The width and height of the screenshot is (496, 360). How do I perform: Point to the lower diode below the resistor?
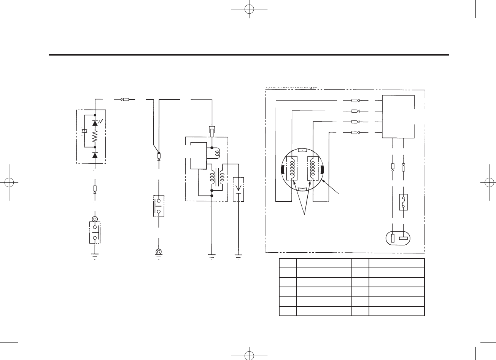click(95, 155)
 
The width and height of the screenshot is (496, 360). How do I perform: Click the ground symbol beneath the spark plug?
click(238, 256)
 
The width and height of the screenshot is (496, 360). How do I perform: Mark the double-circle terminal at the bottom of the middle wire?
click(158, 252)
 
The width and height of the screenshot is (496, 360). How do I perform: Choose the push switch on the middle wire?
click(158, 206)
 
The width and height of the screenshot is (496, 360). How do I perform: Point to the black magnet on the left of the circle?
click(281, 170)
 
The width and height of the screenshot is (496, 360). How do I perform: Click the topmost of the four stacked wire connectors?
click(355, 101)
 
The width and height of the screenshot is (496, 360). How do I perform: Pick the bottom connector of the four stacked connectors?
click(355, 132)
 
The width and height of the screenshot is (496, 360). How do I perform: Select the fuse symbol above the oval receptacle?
click(403, 202)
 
